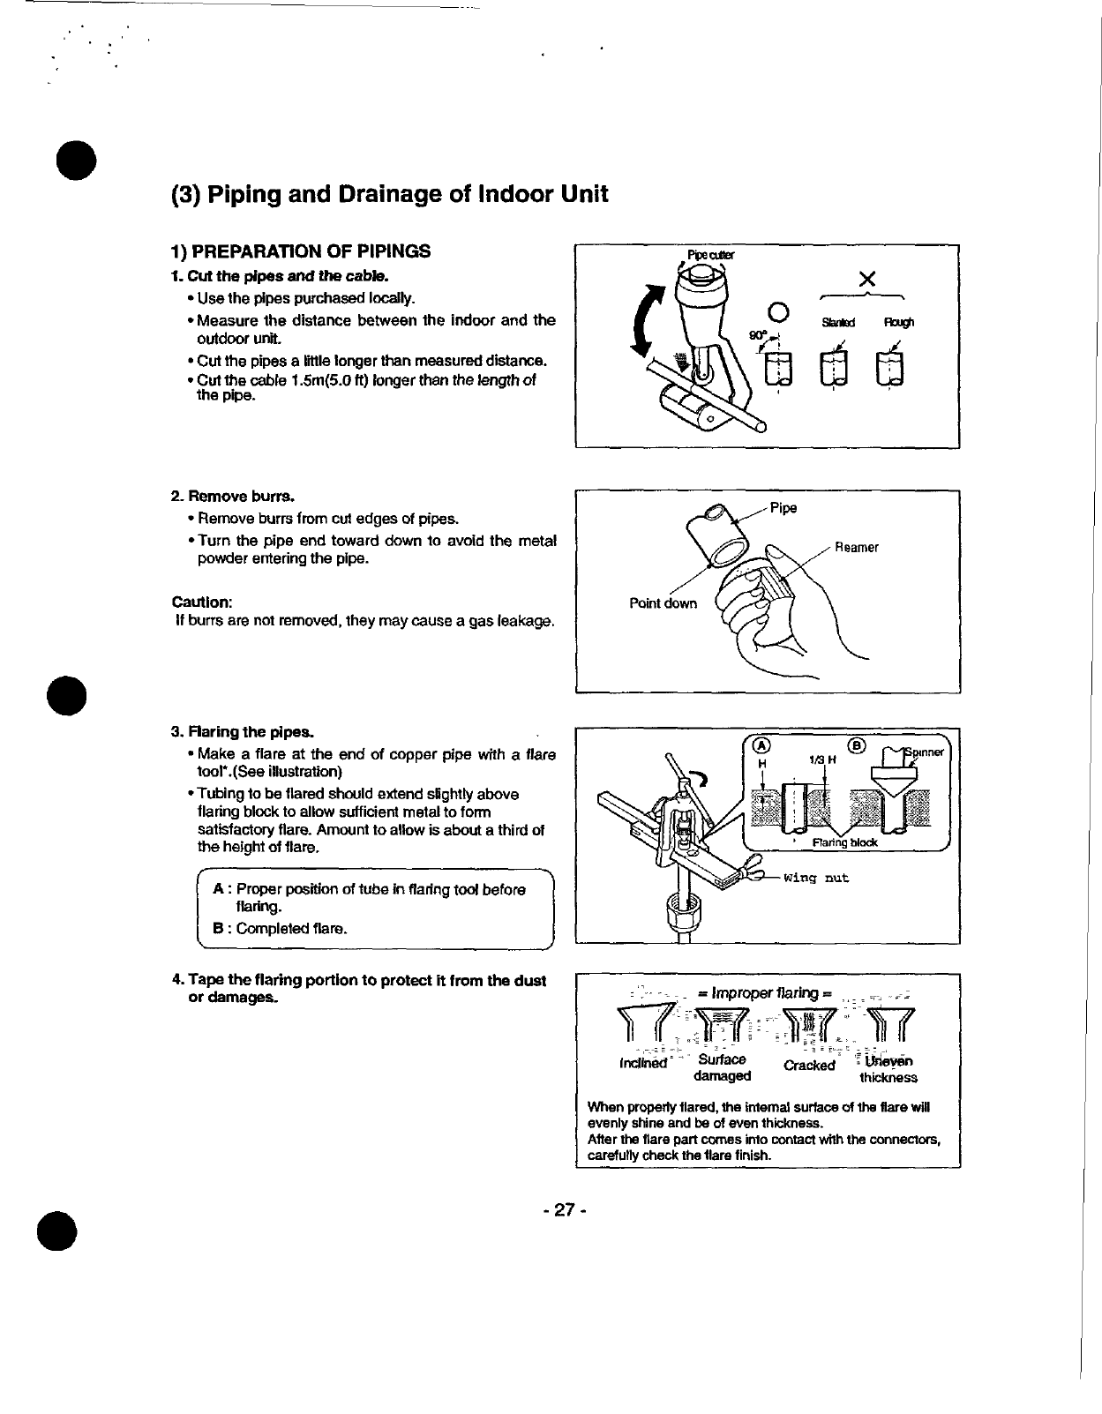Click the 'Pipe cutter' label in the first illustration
pos(710,256)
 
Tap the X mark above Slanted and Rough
pos(866,280)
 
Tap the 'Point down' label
pos(663,603)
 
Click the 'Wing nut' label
pos(816,879)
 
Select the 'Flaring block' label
pos(844,842)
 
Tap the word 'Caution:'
pos(202,602)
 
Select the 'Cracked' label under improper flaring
pos(808,1065)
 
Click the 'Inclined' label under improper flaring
pos(644,1063)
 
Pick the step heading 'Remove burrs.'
pos(233,496)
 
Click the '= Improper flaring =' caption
pos(766,992)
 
